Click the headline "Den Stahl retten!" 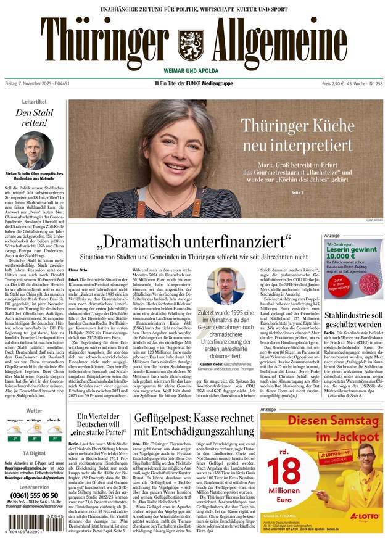(x=31, y=118)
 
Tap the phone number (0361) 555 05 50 (x=34, y=495)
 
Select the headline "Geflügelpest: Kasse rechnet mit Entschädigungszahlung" (x=192, y=425)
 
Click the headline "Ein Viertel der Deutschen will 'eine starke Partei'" (x=97, y=424)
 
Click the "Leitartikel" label (x=34, y=100)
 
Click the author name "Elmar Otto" (x=77, y=270)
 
